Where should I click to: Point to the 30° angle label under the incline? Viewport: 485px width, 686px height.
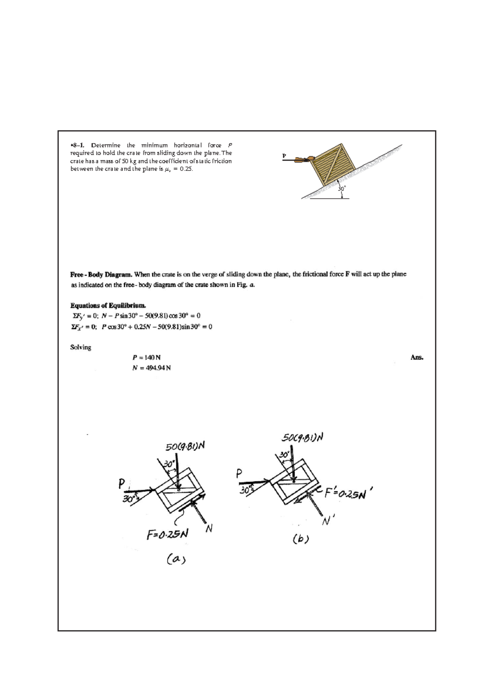(342, 189)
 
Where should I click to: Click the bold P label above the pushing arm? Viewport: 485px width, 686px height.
(284, 155)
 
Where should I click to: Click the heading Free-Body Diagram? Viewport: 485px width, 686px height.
(101, 274)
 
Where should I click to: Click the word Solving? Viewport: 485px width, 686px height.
(81, 347)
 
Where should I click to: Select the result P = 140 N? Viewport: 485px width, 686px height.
(146, 358)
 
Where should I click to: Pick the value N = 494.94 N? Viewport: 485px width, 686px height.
(152, 368)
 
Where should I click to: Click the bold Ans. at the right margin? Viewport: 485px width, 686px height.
(417, 357)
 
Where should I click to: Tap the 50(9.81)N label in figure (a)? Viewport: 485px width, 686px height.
(186, 446)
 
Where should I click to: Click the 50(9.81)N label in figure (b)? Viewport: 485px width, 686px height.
(303, 438)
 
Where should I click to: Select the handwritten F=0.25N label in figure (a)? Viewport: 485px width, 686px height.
(167, 534)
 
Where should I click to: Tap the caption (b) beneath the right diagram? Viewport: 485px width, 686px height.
(301, 539)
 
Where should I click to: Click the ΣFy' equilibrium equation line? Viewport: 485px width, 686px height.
(136, 316)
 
